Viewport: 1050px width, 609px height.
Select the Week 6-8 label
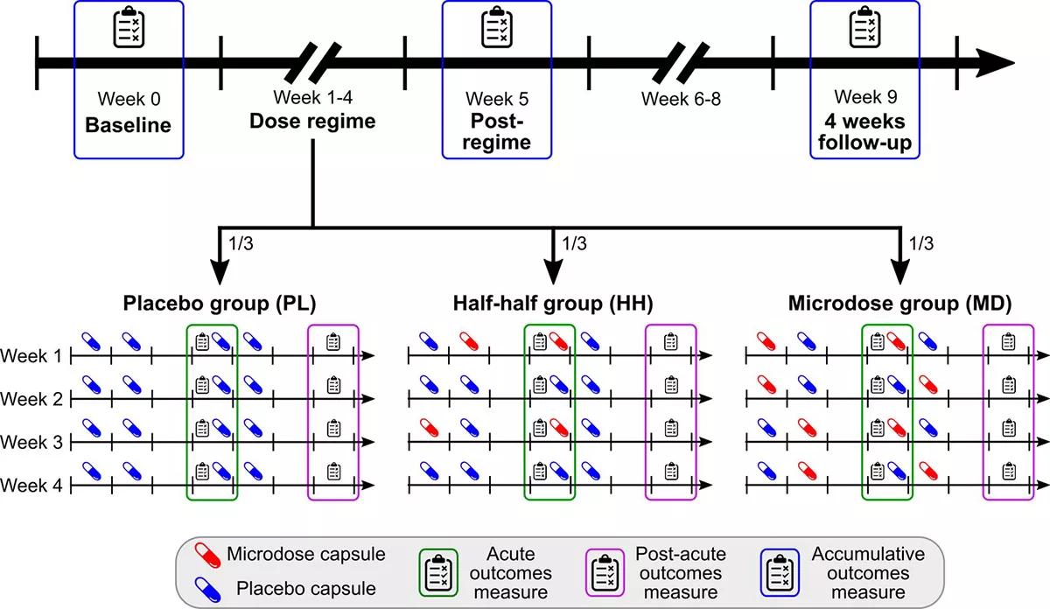(682, 98)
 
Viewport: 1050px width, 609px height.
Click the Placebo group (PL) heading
(218, 304)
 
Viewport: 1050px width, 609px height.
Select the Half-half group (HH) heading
(552, 304)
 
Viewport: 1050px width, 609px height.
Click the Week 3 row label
(31, 443)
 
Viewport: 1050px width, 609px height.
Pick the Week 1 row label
(31, 356)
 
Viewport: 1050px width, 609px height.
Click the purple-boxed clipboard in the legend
(605, 573)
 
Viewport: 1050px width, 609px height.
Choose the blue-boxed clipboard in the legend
(778, 573)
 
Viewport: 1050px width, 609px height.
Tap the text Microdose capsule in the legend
(305, 554)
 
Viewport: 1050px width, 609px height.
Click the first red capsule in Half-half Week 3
(430, 428)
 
